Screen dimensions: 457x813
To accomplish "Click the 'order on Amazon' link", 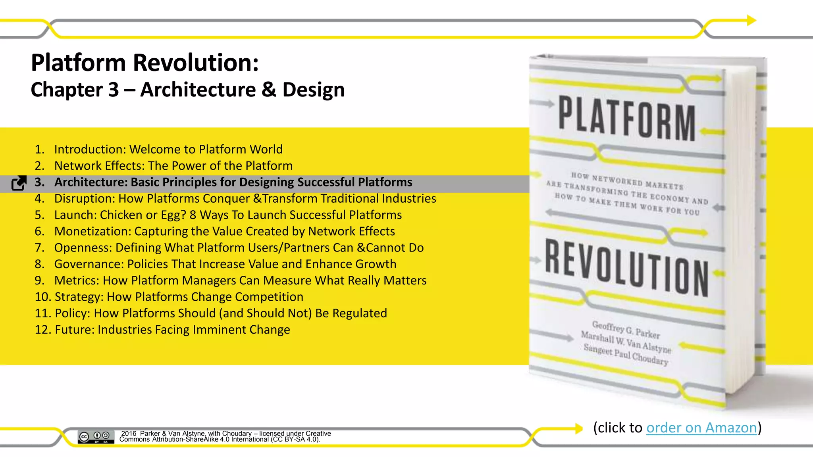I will tap(701, 428).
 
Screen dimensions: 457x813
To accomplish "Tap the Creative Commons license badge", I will tap(96, 437).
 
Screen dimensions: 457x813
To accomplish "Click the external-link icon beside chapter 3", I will tap(19, 183).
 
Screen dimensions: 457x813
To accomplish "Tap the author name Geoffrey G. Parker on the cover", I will tap(626, 330).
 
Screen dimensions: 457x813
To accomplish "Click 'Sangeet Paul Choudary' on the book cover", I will tap(626, 355).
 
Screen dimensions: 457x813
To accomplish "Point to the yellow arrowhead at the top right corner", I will tap(751, 20).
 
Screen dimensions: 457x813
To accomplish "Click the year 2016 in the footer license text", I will tap(129, 434).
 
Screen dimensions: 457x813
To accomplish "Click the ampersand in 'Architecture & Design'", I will tap(269, 90).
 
